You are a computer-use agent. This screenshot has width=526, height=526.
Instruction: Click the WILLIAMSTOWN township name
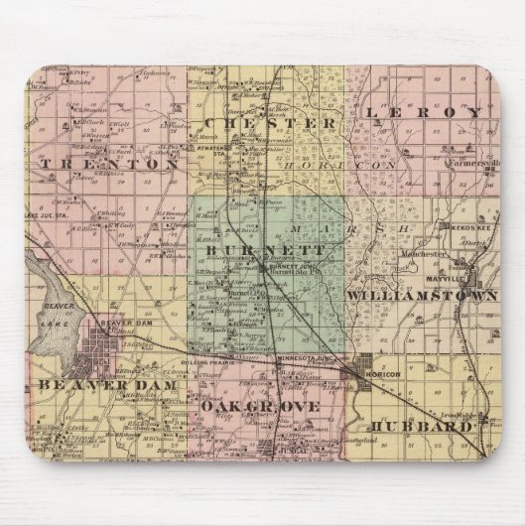[x=424, y=296]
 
